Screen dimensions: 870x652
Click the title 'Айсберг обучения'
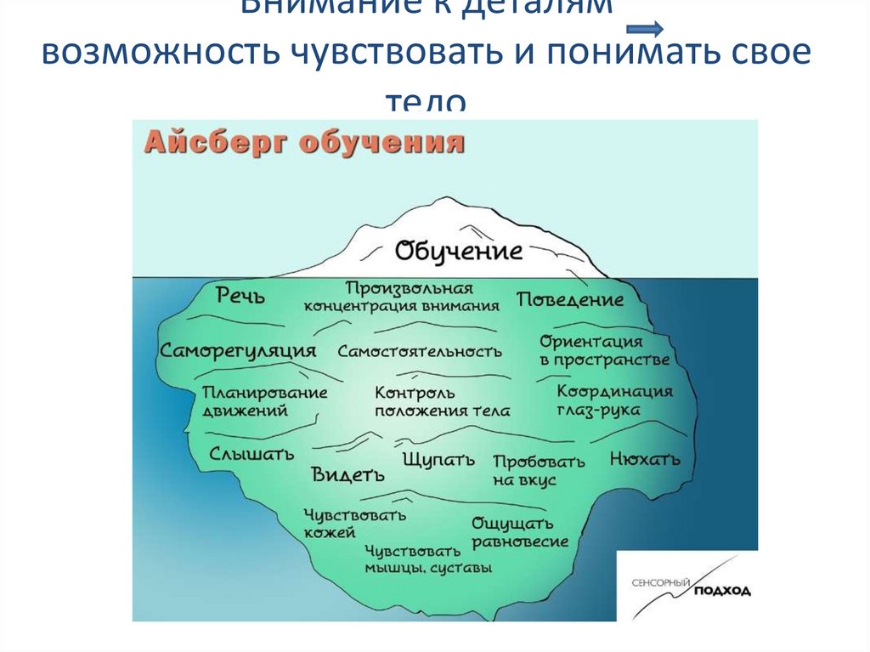[305, 140]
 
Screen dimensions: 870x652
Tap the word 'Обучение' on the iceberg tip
[458, 251]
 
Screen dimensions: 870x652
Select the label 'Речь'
[240, 296]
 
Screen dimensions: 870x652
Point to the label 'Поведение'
[570, 299]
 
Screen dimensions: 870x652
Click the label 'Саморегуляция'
[238, 350]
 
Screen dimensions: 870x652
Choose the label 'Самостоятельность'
[420, 350]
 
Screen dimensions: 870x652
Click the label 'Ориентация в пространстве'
[603, 350]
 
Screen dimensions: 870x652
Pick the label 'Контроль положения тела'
[442, 402]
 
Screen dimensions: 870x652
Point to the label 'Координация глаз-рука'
[614, 400]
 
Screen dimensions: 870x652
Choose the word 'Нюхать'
[645, 460]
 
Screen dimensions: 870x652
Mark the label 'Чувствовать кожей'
[354, 524]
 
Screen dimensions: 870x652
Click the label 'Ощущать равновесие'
[520, 532]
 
